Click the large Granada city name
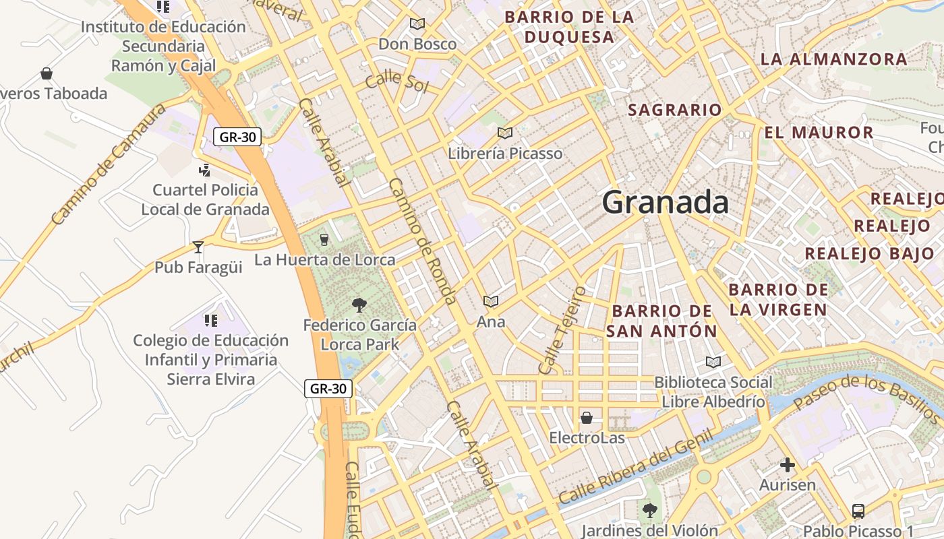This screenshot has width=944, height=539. coord(665,202)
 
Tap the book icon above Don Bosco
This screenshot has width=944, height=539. coord(417,24)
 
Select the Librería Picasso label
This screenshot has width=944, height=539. coord(505,154)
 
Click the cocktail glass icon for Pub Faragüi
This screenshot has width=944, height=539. coord(198,247)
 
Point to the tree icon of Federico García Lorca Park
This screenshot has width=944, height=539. coord(359,305)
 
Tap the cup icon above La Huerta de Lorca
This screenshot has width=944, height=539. coord(324,239)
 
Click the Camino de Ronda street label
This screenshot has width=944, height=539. coord(423,241)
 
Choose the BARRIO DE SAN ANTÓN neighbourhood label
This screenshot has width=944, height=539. coord(661,321)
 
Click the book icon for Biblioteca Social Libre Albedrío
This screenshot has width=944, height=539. coord(713,362)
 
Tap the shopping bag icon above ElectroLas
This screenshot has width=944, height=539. coord(587,418)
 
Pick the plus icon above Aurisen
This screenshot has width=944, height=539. coord(787,465)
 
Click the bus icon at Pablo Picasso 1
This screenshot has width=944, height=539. coord(858,511)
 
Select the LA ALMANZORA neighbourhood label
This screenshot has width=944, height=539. coord(834,59)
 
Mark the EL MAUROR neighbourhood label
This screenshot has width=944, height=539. coord(819,132)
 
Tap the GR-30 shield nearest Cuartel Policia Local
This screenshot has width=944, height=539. coord(237,137)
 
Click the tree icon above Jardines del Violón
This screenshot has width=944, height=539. coord(649,511)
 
